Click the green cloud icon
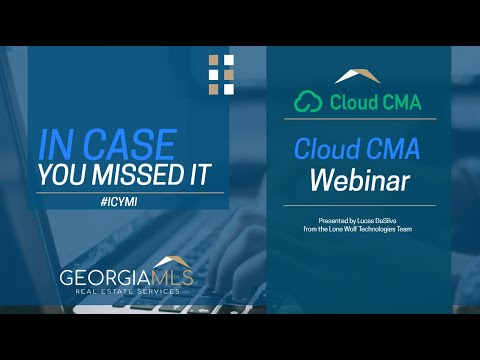(x=311, y=100)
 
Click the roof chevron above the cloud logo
(x=356, y=76)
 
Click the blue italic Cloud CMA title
(x=356, y=149)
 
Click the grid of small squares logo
(x=222, y=74)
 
